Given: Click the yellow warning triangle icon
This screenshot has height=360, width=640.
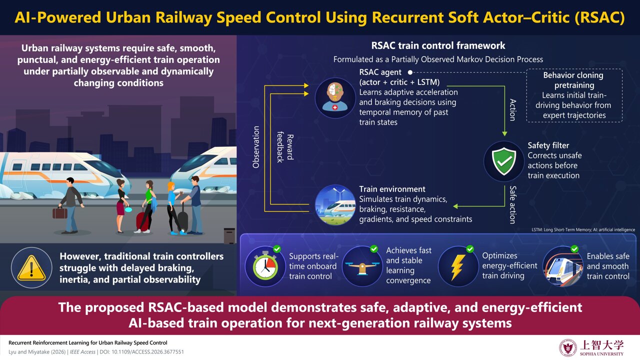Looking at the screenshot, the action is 31,267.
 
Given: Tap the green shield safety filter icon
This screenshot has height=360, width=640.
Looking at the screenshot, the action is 504,161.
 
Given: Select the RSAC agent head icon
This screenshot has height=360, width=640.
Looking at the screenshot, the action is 335,97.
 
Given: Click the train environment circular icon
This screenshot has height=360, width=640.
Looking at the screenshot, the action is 335,205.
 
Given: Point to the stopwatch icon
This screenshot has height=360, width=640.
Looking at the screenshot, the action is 265,265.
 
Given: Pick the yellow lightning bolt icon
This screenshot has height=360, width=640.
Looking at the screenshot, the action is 458,267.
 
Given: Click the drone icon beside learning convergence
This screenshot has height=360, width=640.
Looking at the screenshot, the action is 362,266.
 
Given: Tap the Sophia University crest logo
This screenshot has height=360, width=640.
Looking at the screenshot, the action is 567,347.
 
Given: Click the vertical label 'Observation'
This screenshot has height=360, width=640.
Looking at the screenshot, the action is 256,147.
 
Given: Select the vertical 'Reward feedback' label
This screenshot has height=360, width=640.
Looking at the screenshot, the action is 285,147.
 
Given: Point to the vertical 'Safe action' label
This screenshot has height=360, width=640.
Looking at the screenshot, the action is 513,204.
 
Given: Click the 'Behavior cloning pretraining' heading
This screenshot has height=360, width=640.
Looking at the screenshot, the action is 573,80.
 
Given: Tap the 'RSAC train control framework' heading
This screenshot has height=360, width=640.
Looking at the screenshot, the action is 438,45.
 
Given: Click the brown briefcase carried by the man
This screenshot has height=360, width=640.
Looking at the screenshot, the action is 59,213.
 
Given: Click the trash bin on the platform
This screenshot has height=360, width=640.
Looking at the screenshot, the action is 229,235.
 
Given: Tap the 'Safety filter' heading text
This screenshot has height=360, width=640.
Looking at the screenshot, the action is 548,145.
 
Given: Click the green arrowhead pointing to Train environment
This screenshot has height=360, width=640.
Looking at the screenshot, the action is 455,206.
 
